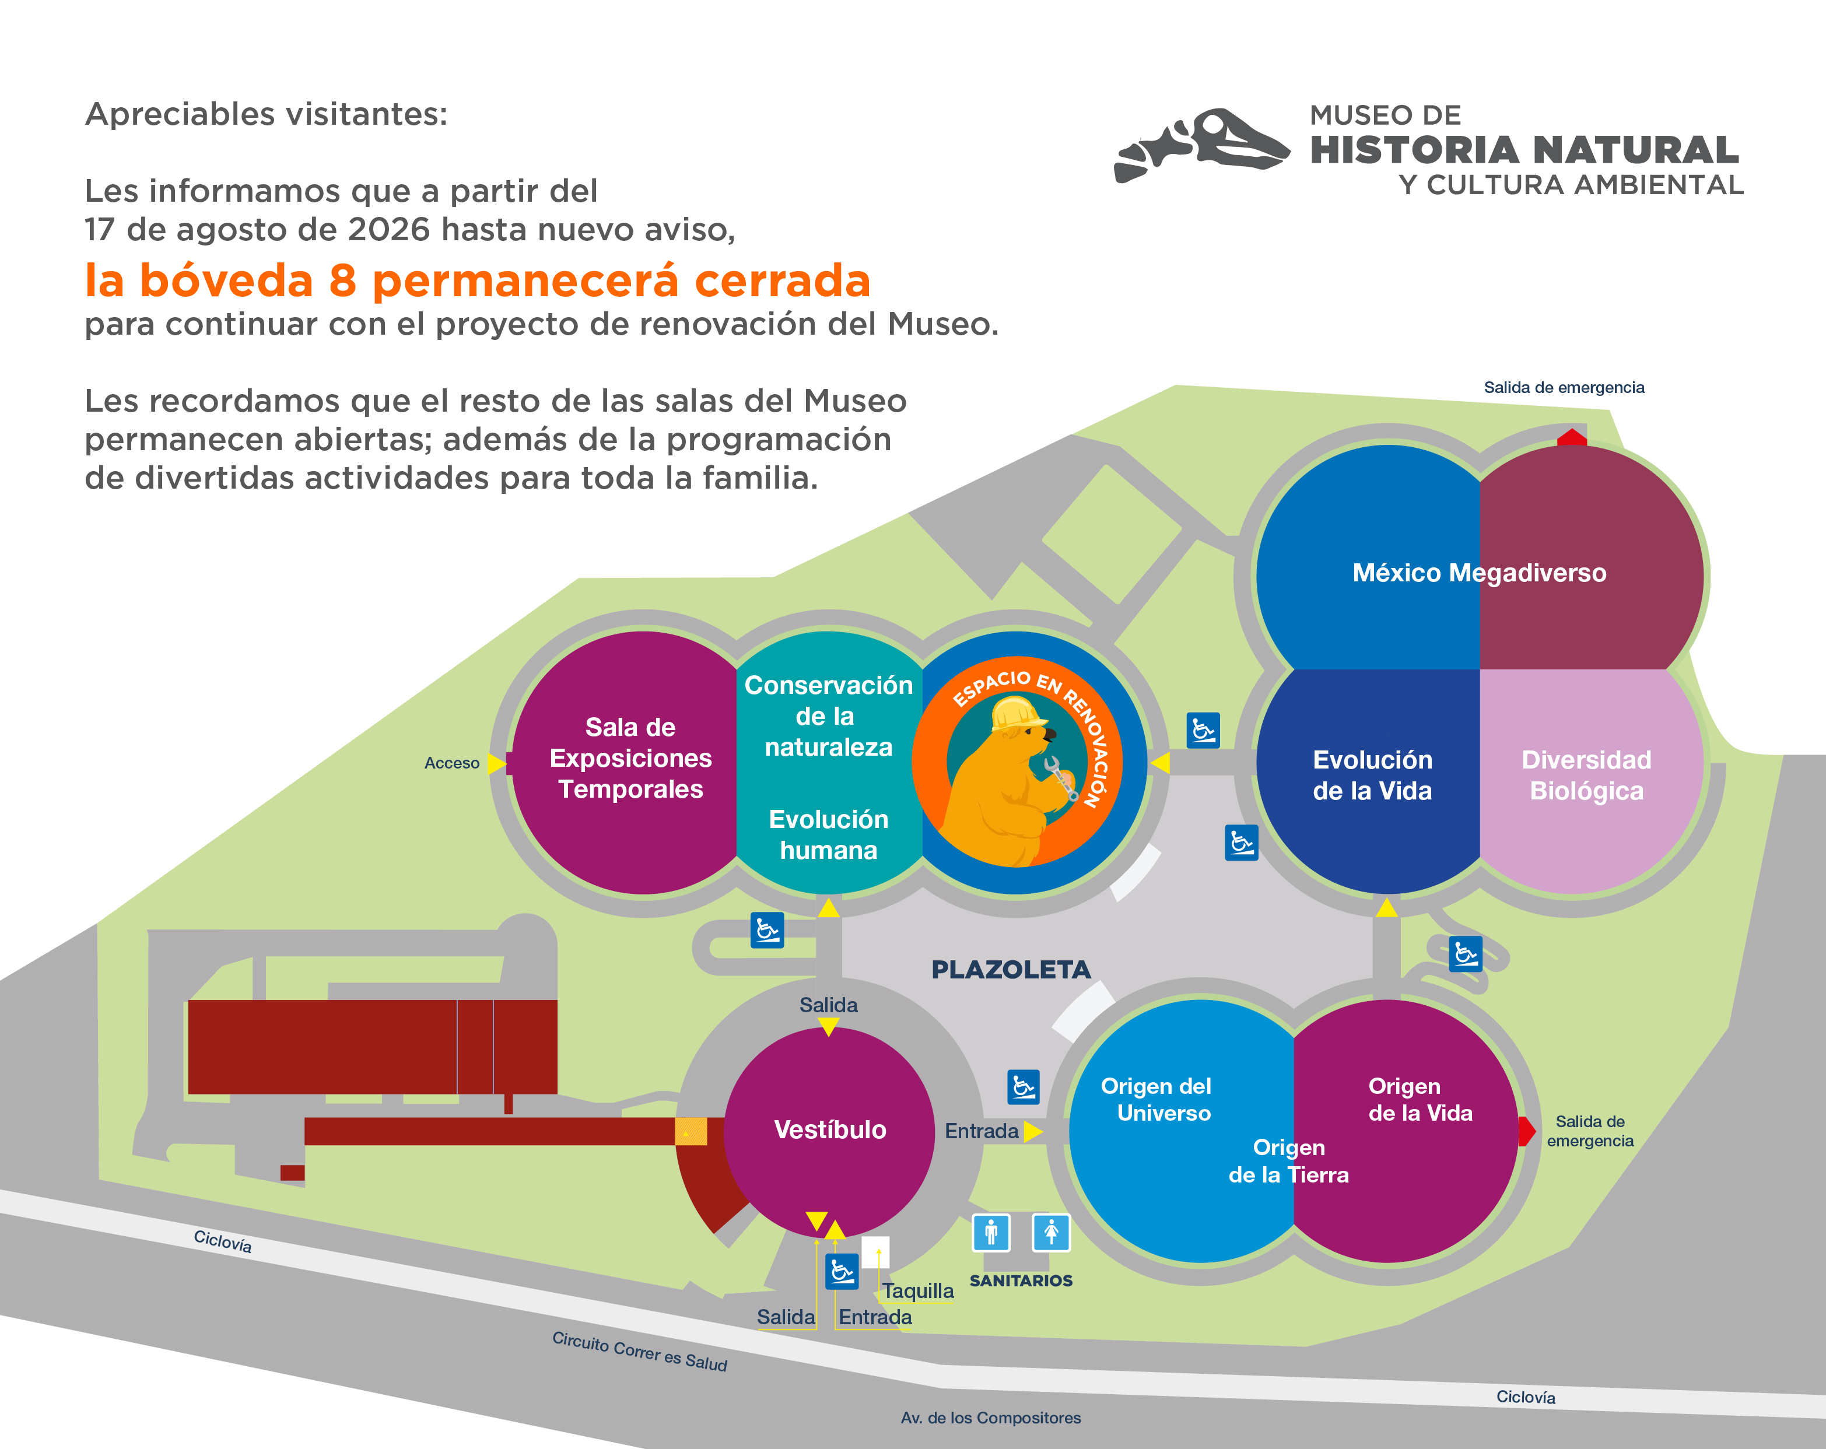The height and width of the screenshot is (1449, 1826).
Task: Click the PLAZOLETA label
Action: [x=1011, y=970]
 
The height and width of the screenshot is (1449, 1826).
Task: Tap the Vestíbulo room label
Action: [x=830, y=1129]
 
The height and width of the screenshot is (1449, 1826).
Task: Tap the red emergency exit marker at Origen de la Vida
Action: [x=1527, y=1131]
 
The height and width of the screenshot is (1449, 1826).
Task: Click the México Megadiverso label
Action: [x=1479, y=573]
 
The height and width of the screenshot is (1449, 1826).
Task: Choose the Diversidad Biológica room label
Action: [x=1586, y=775]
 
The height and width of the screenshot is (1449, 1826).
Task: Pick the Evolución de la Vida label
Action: [x=1372, y=775]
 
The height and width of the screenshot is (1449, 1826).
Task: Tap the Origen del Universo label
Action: [x=1157, y=1099]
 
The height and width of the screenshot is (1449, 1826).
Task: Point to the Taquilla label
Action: [x=918, y=1290]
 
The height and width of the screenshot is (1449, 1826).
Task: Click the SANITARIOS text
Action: [x=1021, y=1280]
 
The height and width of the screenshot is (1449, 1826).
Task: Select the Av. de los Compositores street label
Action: [x=991, y=1418]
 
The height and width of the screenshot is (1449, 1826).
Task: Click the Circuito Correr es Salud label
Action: [x=639, y=1352]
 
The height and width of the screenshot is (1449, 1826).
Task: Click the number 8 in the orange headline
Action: [x=342, y=280]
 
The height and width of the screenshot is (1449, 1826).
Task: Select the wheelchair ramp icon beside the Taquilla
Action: [x=842, y=1271]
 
